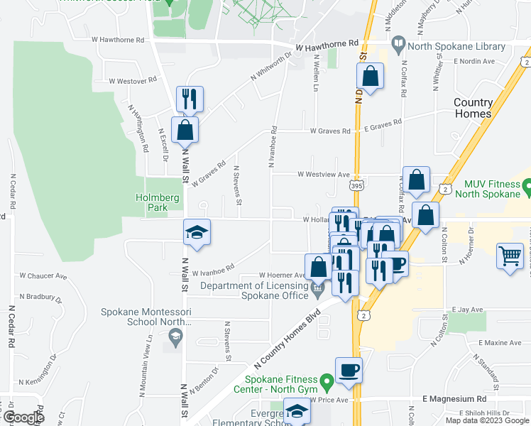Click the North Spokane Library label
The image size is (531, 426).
[x=456, y=48]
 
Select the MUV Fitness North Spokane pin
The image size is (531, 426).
[x=527, y=187]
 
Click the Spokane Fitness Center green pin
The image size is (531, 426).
[x=327, y=383]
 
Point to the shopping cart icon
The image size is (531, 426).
[x=510, y=256]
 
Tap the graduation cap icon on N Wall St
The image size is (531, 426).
[x=197, y=232]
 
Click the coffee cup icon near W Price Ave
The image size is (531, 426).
[x=349, y=370]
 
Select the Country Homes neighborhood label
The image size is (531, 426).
[x=473, y=109]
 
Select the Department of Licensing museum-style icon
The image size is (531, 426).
[x=318, y=287]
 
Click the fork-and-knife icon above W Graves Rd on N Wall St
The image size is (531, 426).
[x=190, y=98]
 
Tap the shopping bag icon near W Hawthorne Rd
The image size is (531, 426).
[x=370, y=75]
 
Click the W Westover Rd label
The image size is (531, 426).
[x=132, y=81]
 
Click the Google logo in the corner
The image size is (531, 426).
[x=23, y=417]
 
